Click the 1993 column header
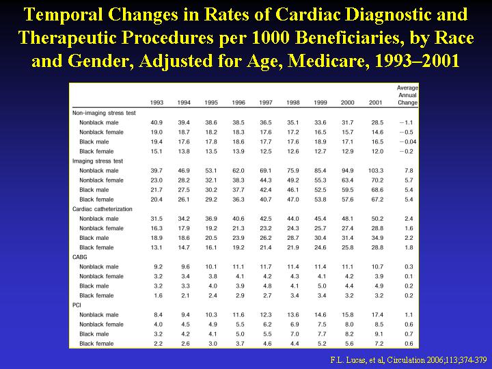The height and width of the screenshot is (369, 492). [x=156, y=102]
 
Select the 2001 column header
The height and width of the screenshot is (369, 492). [x=375, y=102]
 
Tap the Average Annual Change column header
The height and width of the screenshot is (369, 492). [x=407, y=95]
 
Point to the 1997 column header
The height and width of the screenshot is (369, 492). [x=266, y=102]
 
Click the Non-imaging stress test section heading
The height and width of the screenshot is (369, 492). [x=104, y=113]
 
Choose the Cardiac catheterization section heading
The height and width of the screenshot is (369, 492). [x=102, y=209]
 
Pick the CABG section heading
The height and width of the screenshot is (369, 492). [x=80, y=257]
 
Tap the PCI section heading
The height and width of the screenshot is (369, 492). [x=77, y=305]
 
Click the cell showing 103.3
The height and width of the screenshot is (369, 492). [x=376, y=171]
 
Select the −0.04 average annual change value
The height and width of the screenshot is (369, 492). [x=408, y=142]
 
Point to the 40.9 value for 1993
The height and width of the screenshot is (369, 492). [x=156, y=123]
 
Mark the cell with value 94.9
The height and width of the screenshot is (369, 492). [x=348, y=171]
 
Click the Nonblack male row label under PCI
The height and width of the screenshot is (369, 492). [x=99, y=315]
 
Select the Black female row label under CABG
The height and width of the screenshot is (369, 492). [x=96, y=296]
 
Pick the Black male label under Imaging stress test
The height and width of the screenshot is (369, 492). [x=94, y=190]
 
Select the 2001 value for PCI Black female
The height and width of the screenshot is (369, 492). [x=379, y=344]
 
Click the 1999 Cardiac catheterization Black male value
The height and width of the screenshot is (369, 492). [x=320, y=238]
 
